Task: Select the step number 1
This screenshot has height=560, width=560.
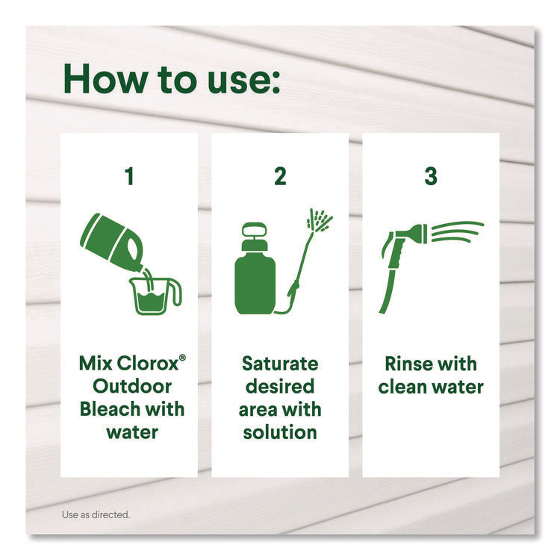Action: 129,176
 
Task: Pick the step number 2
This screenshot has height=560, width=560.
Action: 280,176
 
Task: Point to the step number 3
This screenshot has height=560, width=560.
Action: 431,176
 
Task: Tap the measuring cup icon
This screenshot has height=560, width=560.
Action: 154,296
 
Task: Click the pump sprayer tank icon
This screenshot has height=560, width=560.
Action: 255,268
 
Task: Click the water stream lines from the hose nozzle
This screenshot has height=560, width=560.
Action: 458,231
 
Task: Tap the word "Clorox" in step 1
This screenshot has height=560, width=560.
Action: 148,364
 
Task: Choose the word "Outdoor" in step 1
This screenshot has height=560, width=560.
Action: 132,387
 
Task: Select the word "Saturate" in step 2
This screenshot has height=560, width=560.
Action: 280,364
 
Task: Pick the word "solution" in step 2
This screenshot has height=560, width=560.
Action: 280,432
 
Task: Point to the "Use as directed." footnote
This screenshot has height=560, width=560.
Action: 96,514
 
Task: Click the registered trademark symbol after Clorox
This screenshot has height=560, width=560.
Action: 182,358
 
